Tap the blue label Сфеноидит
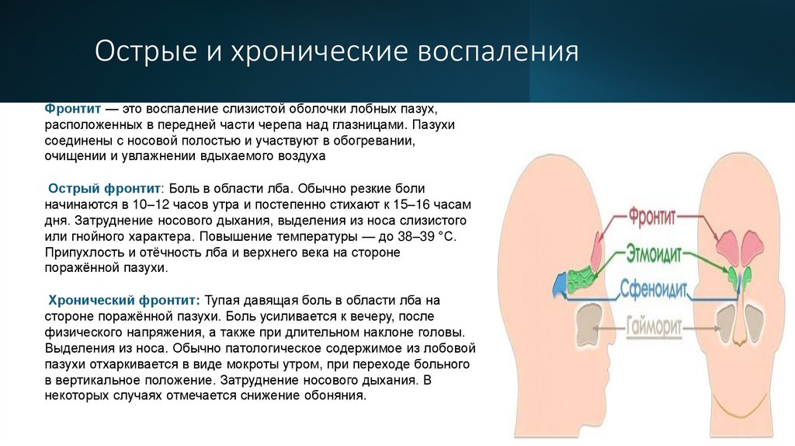[654, 289]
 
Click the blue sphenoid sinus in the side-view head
[561, 284]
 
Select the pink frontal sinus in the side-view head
[597, 250]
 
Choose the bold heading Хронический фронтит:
[125, 300]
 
